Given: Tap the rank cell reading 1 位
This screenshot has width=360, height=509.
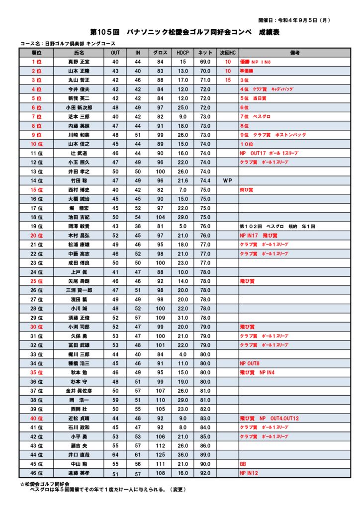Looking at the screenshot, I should [x=36, y=62].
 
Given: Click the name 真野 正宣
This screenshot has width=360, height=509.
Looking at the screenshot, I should [x=79, y=62].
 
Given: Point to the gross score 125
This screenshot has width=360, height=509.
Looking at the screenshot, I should [x=160, y=455].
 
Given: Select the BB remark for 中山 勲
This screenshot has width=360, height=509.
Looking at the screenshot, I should [x=243, y=464].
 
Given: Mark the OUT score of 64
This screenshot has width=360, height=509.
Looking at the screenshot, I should [x=115, y=455].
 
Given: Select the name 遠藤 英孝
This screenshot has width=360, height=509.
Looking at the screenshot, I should [x=79, y=474].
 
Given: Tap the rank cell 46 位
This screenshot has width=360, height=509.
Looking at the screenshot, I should [x=36, y=474].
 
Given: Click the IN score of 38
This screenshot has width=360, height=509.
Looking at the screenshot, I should [x=138, y=226].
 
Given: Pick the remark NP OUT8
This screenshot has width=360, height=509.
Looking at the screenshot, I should [x=250, y=363].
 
